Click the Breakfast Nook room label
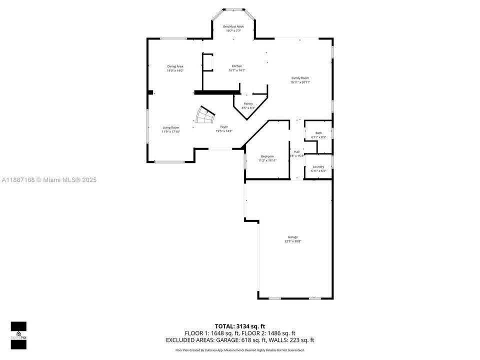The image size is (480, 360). (x=233, y=26)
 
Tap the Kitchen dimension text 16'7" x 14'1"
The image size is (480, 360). (x=236, y=70)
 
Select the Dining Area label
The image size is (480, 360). (x=175, y=66)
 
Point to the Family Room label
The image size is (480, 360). (x=300, y=78)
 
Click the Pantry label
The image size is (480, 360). (x=248, y=103)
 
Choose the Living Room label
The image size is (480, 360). (x=170, y=127)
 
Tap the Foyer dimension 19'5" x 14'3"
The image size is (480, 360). (x=224, y=131)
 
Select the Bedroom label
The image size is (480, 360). (x=267, y=156)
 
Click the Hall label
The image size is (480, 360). (x=296, y=151)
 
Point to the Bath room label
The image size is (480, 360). (x=318, y=133)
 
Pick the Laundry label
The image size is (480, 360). (x=318, y=166)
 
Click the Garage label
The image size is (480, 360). (x=292, y=237)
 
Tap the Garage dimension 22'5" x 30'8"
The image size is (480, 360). (x=292, y=241)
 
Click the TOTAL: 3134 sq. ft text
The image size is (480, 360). (x=240, y=326)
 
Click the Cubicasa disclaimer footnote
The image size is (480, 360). (x=240, y=350)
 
